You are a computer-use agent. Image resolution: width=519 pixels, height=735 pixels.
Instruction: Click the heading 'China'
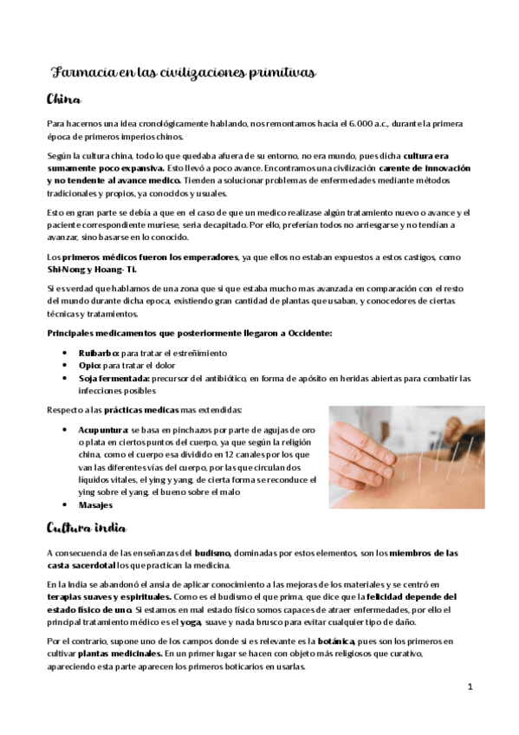[64, 99]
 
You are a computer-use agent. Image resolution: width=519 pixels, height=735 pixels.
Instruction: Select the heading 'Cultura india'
[87, 528]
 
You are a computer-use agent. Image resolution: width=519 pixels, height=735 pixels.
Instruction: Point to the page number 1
[469, 686]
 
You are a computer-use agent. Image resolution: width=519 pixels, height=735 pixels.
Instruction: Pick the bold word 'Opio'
[90, 366]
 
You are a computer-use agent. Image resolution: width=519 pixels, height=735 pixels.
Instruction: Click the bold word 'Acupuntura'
[103, 430]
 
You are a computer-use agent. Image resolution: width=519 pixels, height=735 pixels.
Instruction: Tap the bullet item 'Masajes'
[95, 504]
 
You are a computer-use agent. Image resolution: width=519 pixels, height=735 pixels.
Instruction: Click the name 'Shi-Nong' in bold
[67, 269]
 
